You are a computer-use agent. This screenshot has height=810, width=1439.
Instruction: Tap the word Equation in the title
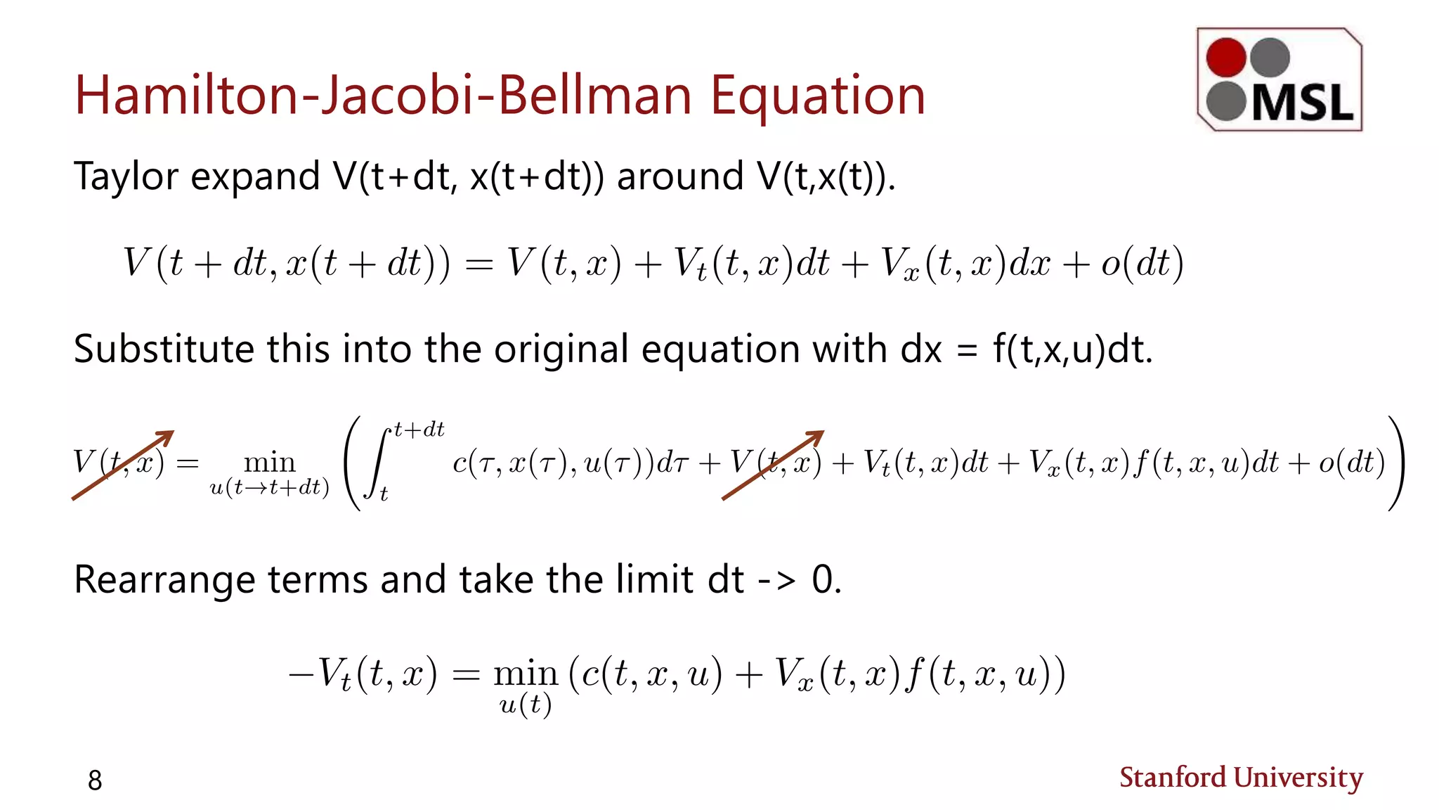pyautogui.click(x=817, y=97)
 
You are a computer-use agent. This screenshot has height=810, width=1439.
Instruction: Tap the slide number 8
pyautogui.click(x=95, y=780)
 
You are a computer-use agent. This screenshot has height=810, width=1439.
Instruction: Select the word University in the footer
pyautogui.click(x=1298, y=778)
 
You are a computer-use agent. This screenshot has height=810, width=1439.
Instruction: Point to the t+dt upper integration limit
pyautogui.click(x=419, y=430)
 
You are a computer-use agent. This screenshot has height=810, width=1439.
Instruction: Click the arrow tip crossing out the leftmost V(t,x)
pyautogui.click(x=169, y=434)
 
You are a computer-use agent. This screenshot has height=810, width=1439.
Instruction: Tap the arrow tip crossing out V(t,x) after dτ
pyautogui.click(x=819, y=434)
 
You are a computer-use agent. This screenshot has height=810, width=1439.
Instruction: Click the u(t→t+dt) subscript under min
pyautogui.click(x=270, y=487)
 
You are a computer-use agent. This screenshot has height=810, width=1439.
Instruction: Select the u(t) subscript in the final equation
pyautogui.click(x=525, y=704)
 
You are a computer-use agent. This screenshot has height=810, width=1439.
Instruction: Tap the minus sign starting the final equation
pyautogui.click(x=301, y=674)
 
